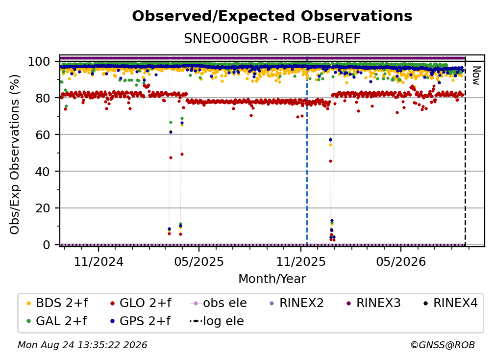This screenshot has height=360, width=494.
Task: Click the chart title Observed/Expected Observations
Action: (272, 16)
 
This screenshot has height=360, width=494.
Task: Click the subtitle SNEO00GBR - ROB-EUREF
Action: (272, 39)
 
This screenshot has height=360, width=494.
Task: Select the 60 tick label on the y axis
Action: (43, 135)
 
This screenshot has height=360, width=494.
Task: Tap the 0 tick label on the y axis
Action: (47, 245)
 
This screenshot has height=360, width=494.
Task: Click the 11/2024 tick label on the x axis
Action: (99, 261)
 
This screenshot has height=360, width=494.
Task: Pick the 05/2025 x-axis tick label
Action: (199, 261)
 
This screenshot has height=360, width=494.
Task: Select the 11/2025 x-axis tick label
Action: (301, 261)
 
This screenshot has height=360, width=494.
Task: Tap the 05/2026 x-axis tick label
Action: (401, 261)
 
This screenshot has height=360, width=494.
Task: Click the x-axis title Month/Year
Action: (272, 279)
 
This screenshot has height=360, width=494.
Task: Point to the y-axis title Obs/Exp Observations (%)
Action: (15, 154)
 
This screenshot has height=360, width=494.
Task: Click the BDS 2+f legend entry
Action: (57, 303)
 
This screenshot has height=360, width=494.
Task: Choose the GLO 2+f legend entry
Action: (141, 303)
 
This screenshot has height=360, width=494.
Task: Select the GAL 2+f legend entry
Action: (57, 321)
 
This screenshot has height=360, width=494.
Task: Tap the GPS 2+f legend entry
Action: (141, 321)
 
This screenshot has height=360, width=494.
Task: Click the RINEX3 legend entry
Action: (373, 303)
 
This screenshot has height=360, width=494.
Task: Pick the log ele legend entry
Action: (217, 321)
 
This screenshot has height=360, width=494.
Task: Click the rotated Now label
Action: (476, 76)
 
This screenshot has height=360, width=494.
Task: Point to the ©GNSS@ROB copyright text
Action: (443, 345)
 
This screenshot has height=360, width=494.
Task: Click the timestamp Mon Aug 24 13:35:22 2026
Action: (82, 345)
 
